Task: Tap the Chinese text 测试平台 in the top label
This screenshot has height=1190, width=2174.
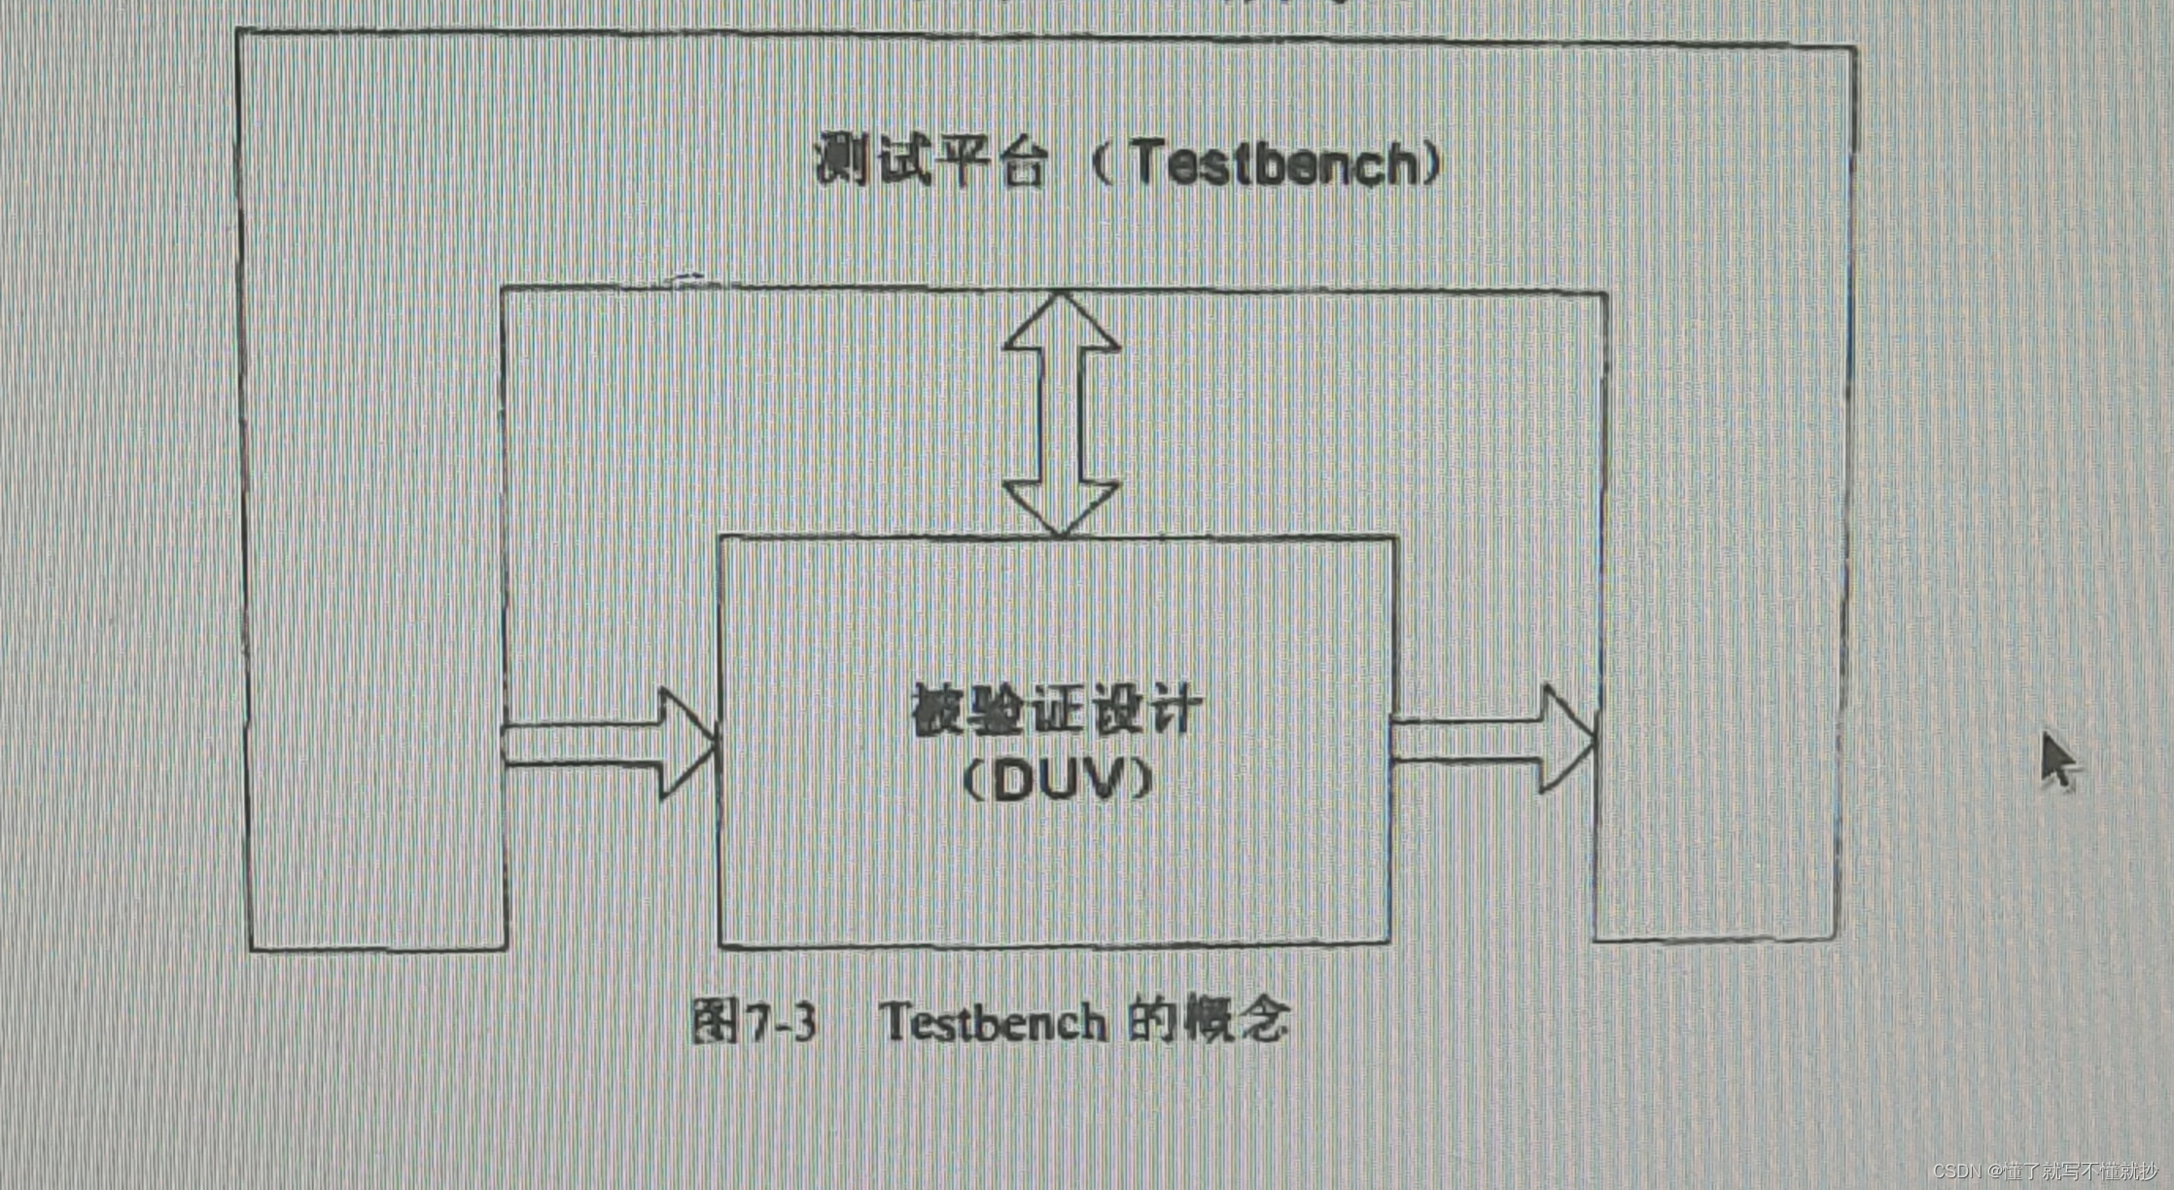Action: (x=930, y=160)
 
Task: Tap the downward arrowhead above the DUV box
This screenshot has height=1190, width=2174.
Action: (x=1061, y=505)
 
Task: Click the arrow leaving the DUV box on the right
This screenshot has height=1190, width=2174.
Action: (x=1493, y=739)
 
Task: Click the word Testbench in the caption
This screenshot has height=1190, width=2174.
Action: (x=993, y=1023)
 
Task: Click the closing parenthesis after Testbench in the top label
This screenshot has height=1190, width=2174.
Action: (x=1432, y=163)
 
